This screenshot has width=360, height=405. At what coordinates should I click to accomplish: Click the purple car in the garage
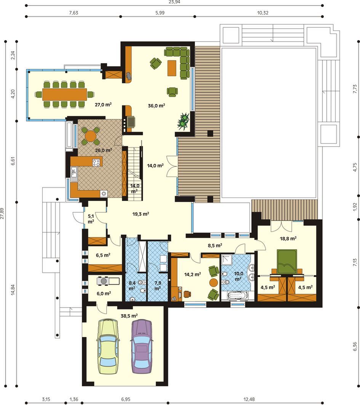tap(141, 346)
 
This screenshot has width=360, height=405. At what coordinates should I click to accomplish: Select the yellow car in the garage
tap(108, 346)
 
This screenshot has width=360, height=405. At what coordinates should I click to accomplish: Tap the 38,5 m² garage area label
tap(129, 316)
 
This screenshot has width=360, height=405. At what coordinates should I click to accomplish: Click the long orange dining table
tap(65, 94)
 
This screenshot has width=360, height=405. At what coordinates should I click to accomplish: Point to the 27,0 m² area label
tap(103, 105)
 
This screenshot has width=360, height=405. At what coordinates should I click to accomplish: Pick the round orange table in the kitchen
tap(90, 136)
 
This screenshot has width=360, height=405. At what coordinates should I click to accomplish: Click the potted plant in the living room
tap(184, 121)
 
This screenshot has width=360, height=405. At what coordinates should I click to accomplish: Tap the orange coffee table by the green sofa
tap(172, 68)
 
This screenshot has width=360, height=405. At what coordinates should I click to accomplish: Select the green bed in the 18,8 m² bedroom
tap(287, 261)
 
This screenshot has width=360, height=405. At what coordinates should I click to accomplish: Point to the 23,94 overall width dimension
tap(174, 2)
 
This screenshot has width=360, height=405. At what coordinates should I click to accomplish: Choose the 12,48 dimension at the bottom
tap(249, 399)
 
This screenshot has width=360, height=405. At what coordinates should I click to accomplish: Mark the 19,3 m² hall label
tap(141, 214)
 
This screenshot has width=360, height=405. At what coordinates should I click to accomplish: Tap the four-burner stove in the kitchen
tap(96, 163)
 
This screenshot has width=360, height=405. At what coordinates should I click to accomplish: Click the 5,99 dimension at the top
tap(160, 13)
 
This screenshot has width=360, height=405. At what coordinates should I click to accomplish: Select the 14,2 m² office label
tap(192, 274)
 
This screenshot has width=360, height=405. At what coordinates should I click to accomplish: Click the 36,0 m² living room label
tap(157, 105)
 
